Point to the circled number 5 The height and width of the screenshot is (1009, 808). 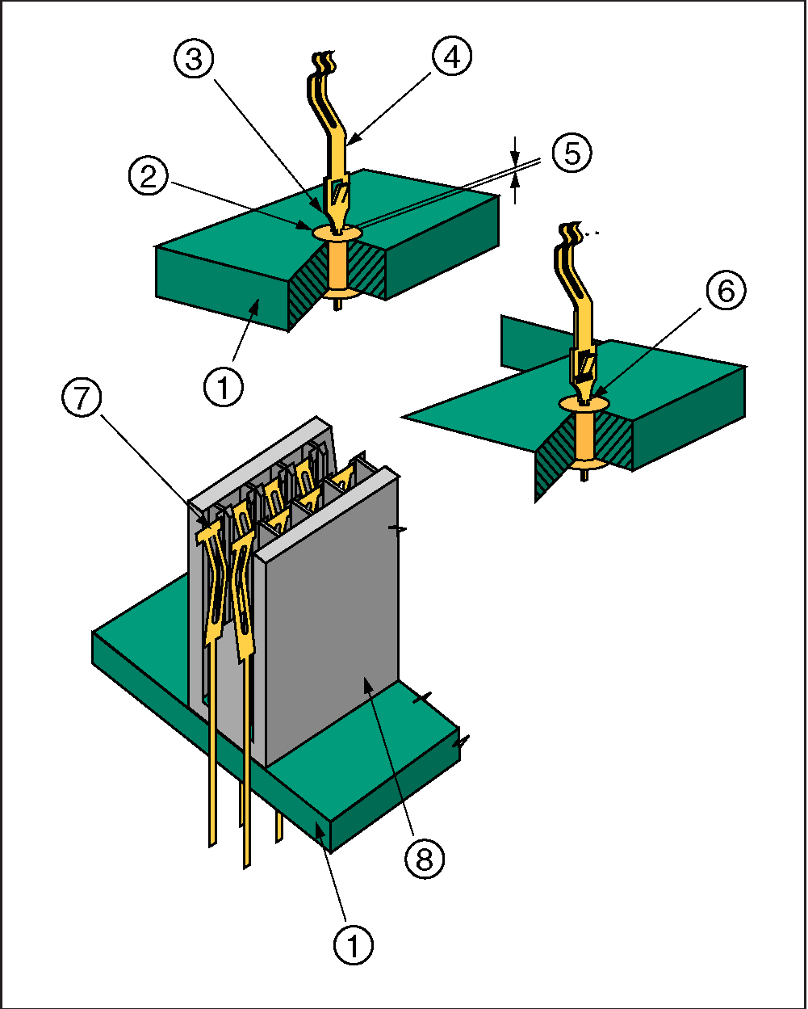(572, 153)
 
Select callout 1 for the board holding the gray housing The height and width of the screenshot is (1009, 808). (354, 942)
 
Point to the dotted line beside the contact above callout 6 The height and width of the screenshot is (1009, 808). (593, 233)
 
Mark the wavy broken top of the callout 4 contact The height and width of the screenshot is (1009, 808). (323, 60)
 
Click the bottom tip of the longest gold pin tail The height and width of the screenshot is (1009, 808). (247, 866)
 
